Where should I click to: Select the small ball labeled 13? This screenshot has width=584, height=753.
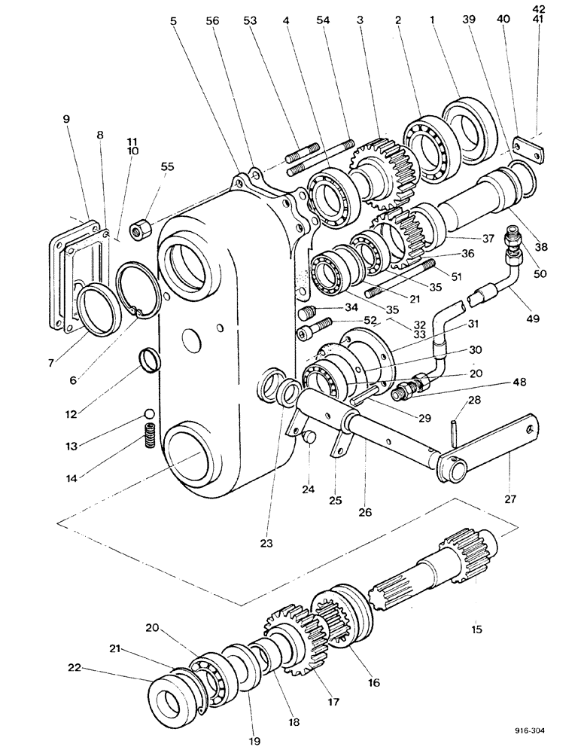tap(149, 414)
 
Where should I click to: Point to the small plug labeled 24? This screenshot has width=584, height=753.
tap(307, 437)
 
